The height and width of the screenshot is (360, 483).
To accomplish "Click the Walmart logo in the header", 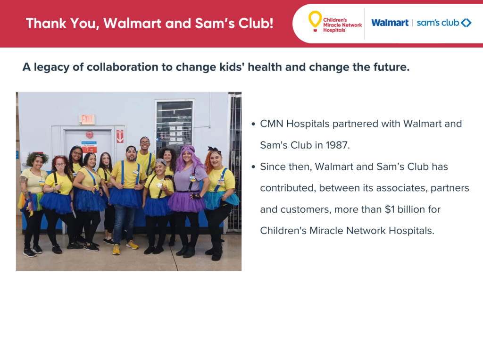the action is [x=390, y=23].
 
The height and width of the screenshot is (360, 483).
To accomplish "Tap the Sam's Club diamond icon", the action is [x=466, y=23].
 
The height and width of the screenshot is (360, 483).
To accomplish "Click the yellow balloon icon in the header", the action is [x=315, y=21].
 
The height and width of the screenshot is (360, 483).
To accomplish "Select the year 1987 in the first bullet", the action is [x=338, y=145].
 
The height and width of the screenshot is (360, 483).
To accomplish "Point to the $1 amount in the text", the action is [x=390, y=209].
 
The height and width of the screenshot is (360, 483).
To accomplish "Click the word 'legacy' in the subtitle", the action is [x=51, y=67].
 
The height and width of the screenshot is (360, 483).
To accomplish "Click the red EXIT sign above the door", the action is [x=87, y=119].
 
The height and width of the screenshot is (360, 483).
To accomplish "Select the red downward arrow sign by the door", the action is [x=120, y=136].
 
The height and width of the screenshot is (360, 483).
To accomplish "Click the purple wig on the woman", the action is [x=189, y=158].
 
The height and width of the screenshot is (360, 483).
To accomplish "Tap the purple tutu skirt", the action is [x=187, y=201].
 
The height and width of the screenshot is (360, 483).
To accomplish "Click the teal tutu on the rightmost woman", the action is [x=221, y=200].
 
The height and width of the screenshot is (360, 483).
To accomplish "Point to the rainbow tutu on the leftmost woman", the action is [x=30, y=201].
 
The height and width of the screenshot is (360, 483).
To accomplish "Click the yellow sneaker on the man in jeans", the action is [x=116, y=249].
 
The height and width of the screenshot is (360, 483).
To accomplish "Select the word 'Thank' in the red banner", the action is [x=46, y=24].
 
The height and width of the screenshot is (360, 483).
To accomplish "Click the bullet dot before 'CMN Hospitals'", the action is [x=253, y=124].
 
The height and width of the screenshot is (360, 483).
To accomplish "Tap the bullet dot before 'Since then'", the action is [x=253, y=167].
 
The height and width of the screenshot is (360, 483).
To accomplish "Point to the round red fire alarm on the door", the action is [x=89, y=134].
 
